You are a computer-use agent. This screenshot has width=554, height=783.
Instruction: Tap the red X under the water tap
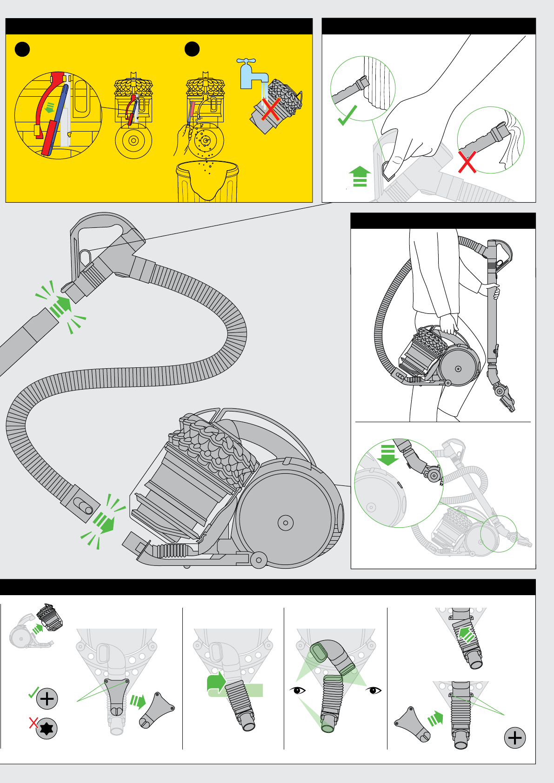(271, 109)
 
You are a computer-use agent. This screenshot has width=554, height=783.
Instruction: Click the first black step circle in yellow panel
(22, 49)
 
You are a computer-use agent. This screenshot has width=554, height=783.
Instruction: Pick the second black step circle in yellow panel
(192, 49)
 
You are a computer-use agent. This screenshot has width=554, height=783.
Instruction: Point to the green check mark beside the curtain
(347, 115)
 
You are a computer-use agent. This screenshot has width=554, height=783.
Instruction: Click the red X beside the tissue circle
(467, 161)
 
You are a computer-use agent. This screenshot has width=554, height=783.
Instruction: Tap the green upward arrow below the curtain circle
(360, 176)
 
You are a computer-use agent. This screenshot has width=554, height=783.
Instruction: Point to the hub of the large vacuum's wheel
(285, 523)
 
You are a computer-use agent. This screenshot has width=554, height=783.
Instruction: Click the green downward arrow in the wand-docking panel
(387, 455)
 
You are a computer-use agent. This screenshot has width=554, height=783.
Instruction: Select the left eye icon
(298, 690)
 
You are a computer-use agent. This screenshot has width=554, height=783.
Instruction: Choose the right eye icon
(374, 690)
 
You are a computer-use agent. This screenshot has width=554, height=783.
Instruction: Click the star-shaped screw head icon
(47, 728)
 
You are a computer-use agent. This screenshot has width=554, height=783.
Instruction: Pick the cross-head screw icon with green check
(47, 698)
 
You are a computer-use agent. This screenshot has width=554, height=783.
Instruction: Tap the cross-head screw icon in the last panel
(515, 738)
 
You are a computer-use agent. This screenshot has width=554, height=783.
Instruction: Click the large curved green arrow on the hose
(217, 685)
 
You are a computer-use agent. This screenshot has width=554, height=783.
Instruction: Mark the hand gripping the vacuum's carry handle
(449, 323)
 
